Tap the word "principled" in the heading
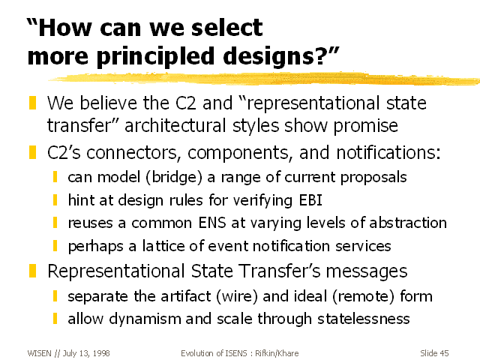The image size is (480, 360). [155, 57]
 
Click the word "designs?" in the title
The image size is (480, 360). [277, 57]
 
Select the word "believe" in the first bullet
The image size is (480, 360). [108, 103]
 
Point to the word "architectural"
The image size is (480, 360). [175, 126]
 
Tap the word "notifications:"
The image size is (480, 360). [388, 152]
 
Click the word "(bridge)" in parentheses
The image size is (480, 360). [174, 177]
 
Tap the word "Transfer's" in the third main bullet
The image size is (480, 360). [279, 271]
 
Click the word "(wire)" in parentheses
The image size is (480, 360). [237, 296]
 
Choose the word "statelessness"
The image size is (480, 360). [363, 319]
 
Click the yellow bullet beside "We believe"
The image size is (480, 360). [32, 103]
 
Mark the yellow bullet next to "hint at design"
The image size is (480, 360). [55, 200]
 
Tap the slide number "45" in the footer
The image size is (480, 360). [444, 353]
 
